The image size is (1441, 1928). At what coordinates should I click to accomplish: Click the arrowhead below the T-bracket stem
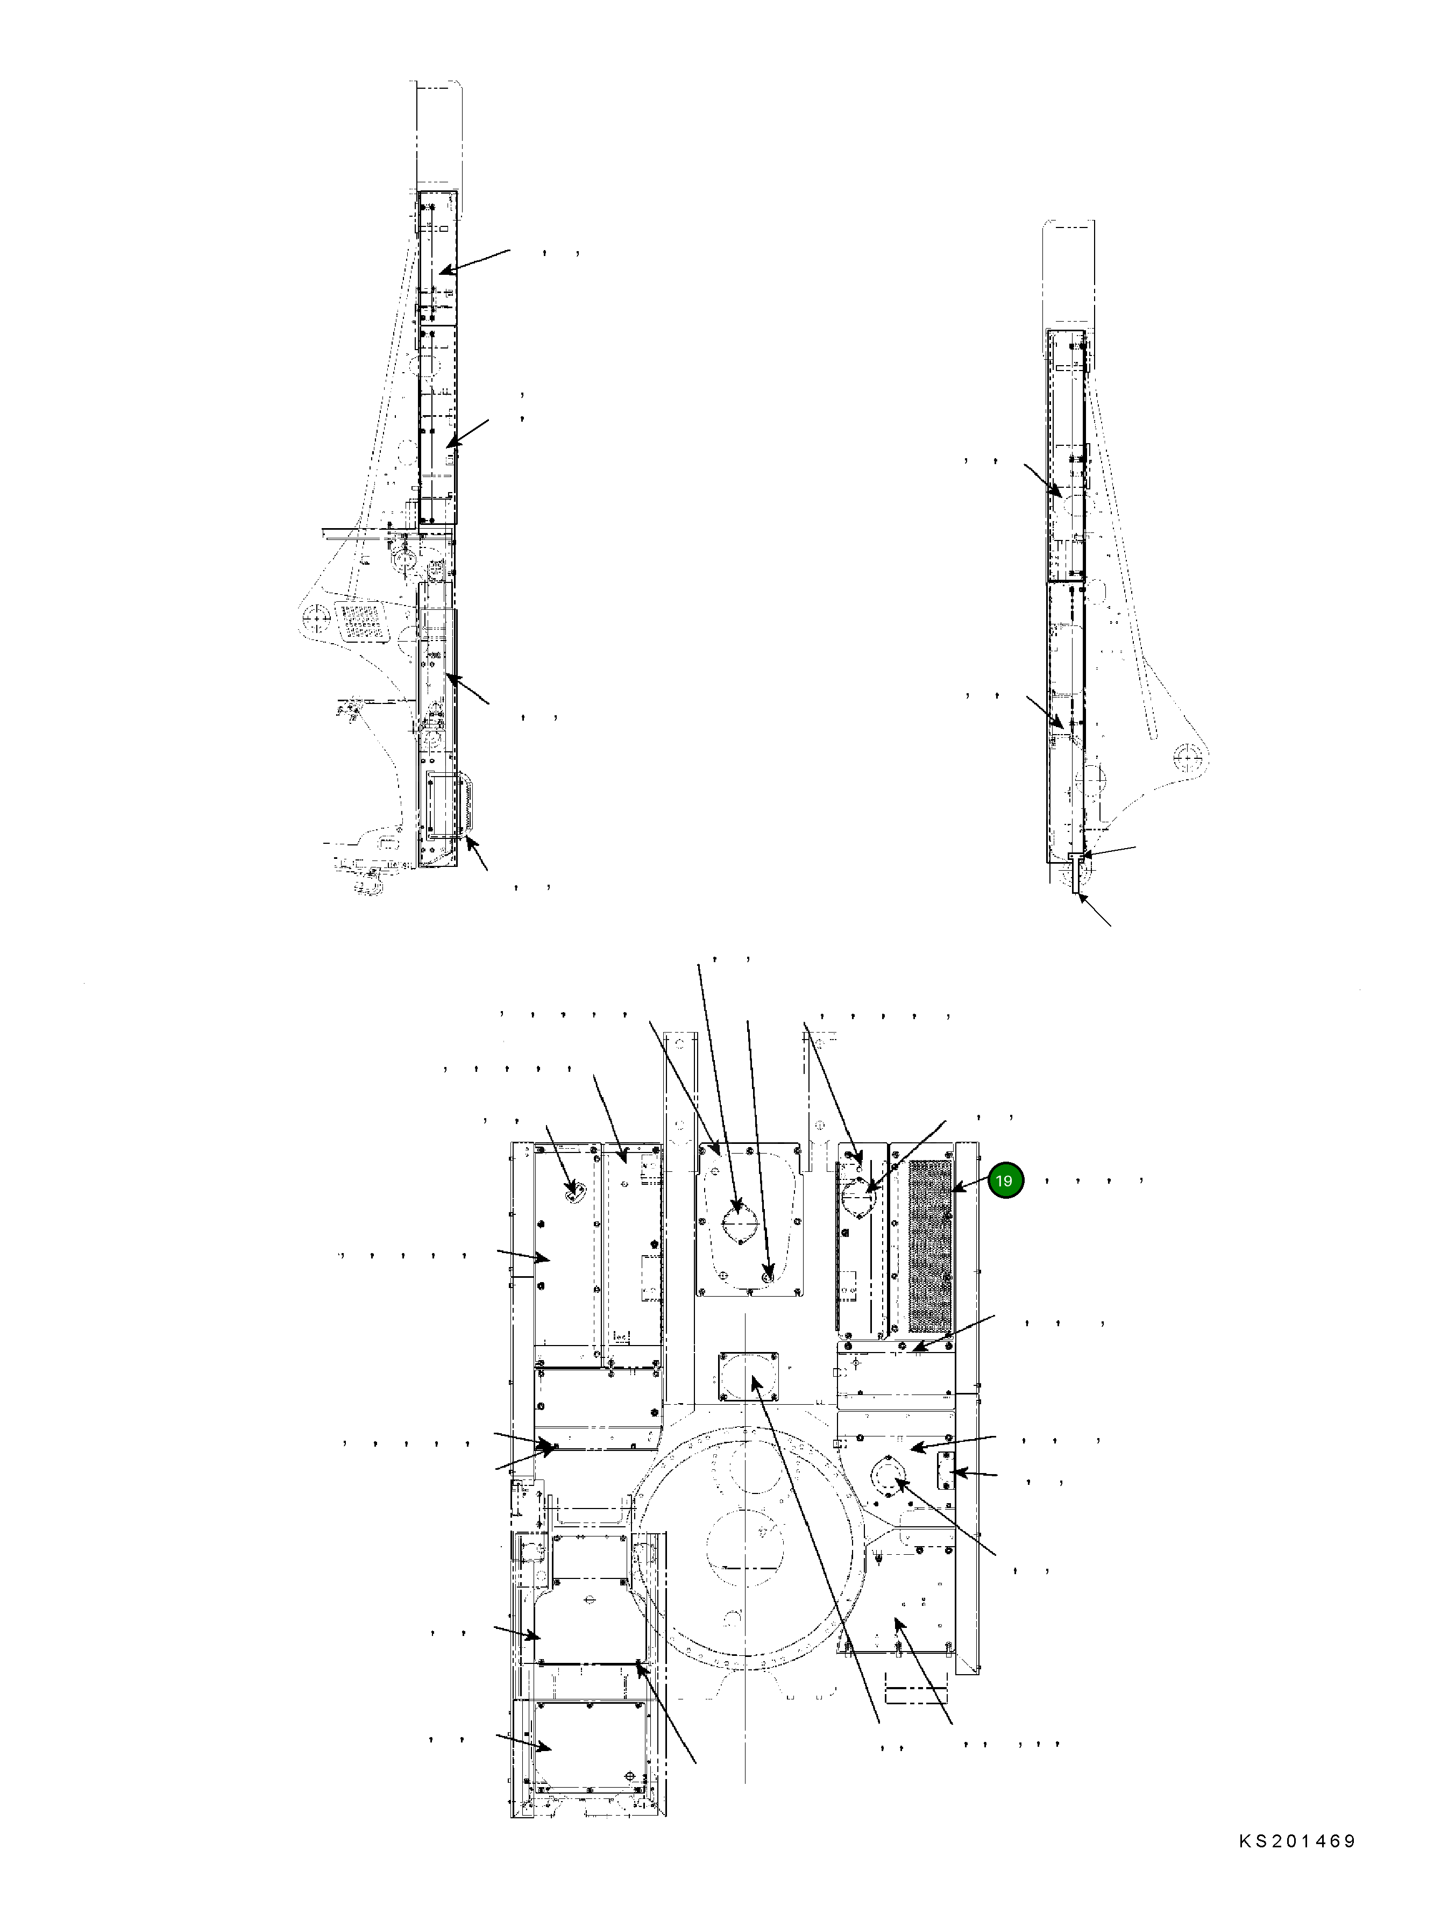click(x=1082, y=900)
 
